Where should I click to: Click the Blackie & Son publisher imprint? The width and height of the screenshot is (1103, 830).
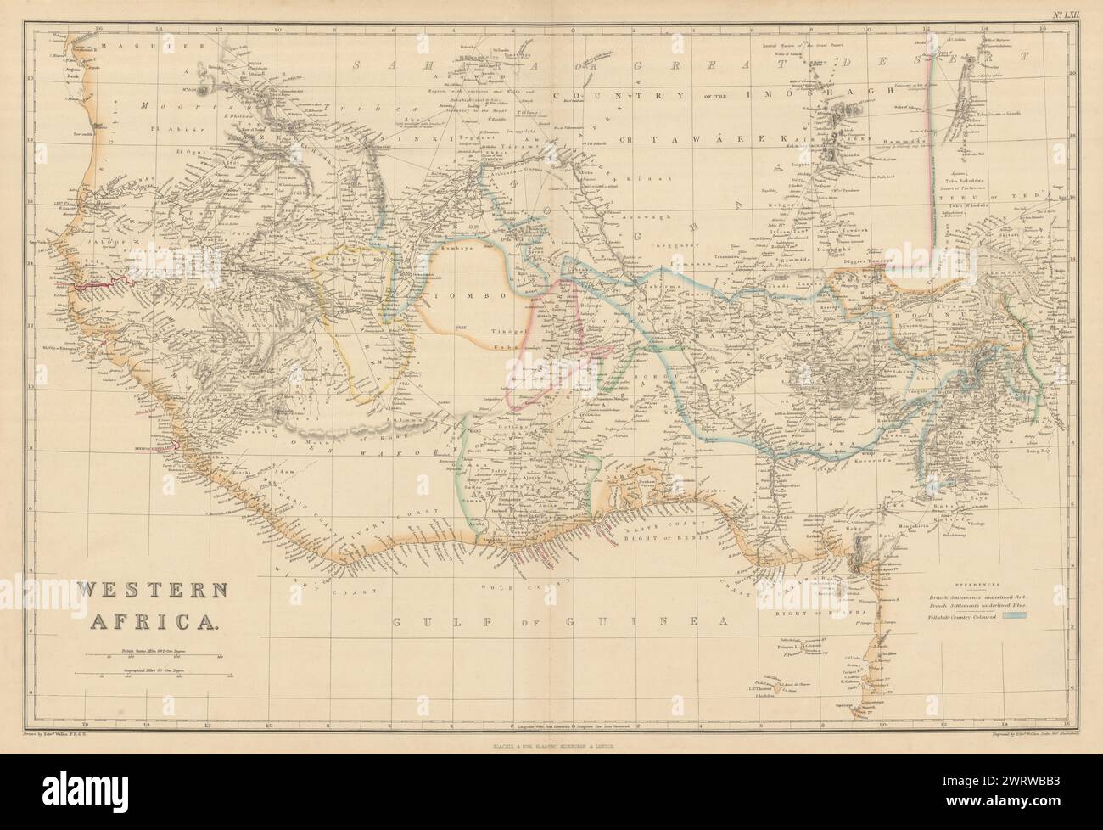(x=551, y=746)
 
